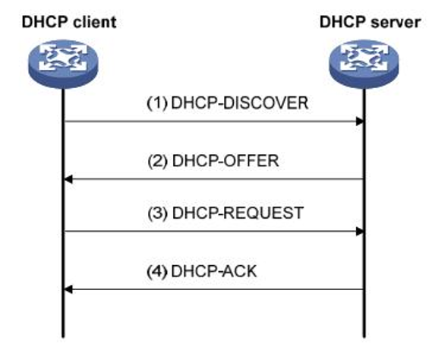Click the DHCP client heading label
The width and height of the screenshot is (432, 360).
point(69,22)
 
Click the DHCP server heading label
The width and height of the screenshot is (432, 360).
point(370,22)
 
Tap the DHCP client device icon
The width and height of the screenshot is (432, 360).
point(63,64)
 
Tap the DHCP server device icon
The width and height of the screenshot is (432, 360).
point(364,64)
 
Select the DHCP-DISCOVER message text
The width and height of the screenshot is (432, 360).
point(240,103)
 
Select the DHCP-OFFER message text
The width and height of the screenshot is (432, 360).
point(225,161)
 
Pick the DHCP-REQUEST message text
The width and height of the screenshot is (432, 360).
point(238,213)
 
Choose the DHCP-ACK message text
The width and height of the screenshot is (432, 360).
point(214,271)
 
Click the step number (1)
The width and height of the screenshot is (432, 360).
point(157,103)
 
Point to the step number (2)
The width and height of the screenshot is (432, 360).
point(158,161)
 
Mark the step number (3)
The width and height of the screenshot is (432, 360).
point(158,213)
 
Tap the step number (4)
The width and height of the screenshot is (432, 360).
point(157,271)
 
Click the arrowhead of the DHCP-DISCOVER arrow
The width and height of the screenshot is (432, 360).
point(360,121)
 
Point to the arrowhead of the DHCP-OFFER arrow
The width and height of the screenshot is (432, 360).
point(68,179)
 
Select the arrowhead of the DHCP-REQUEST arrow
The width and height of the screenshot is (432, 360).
point(360,232)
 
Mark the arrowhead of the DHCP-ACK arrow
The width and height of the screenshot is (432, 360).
point(68,289)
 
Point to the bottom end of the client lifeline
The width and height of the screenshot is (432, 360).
point(63,337)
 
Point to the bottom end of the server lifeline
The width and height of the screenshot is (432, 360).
point(364,337)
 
